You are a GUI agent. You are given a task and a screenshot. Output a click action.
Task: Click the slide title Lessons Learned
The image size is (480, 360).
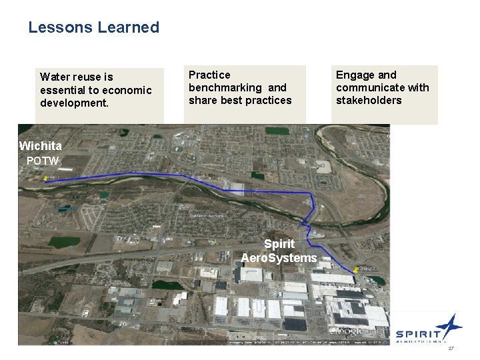[x=93, y=27]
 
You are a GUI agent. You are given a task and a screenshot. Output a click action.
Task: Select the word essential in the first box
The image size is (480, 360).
[x=62, y=90]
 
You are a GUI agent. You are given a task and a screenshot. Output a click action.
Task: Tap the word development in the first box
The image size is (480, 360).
[x=73, y=103]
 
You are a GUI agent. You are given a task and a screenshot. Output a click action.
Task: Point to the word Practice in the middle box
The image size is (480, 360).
[x=209, y=75]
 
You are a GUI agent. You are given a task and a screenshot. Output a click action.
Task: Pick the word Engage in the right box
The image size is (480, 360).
[x=353, y=75]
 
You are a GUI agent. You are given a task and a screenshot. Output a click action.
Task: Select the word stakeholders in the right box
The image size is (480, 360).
[x=369, y=100]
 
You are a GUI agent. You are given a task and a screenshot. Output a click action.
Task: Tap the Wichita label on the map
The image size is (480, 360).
[x=41, y=146]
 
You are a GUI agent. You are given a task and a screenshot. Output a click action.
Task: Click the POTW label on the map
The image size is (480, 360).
[x=43, y=161]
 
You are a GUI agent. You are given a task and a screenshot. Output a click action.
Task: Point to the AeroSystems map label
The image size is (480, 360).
[x=279, y=257]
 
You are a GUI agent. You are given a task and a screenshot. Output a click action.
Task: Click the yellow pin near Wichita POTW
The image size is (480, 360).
[x=45, y=178]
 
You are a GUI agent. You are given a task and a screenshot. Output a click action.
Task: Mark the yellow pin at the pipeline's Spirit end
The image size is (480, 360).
[x=358, y=269]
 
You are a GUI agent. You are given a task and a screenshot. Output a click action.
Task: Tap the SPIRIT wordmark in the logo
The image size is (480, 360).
[x=418, y=334]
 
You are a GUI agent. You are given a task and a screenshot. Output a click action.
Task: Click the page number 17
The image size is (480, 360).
[x=451, y=349]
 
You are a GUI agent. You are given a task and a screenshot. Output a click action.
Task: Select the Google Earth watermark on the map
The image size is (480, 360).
[x=353, y=331]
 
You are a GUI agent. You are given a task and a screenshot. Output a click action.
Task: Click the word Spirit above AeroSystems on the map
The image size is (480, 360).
[x=279, y=244]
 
